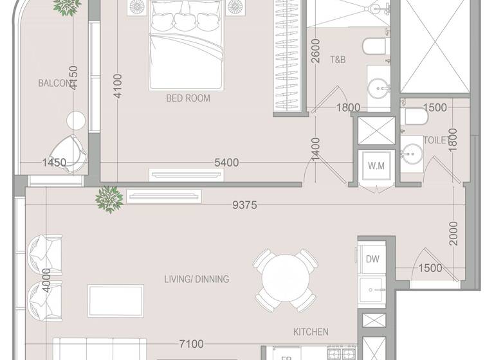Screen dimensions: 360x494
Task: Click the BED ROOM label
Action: [188, 98]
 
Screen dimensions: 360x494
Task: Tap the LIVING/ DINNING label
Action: [197, 279]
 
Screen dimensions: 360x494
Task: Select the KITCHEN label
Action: [311, 332]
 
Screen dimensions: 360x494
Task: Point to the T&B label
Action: [338, 60]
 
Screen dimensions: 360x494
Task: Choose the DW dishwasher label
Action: [372, 259]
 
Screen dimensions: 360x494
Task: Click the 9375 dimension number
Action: [244, 205]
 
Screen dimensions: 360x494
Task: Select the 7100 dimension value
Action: [191, 345]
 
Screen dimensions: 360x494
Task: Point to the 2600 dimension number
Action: [315, 51]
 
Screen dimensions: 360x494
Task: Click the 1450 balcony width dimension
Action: [54, 163]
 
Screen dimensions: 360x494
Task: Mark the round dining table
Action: [286, 280]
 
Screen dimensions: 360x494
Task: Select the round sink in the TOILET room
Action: [411, 154]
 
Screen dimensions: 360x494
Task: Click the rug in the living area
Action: [116, 301]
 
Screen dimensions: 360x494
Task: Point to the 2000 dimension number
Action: [453, 233]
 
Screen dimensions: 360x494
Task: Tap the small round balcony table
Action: [76, 120]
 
